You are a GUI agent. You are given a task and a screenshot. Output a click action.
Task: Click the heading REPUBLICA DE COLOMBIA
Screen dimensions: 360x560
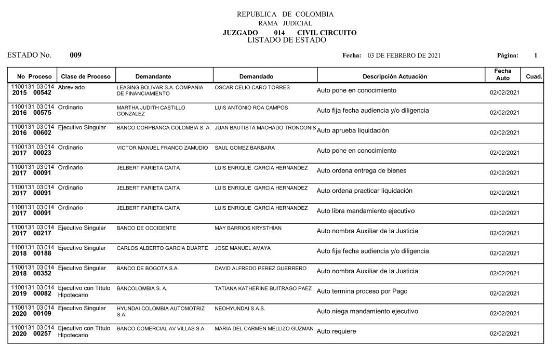[285, 14]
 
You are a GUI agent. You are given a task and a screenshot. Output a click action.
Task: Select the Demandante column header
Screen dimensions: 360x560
[153, 76]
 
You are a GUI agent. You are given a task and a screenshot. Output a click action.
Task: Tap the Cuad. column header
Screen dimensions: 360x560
[534, 76]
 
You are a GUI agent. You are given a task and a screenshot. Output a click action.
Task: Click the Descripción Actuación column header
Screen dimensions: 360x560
[395, 76]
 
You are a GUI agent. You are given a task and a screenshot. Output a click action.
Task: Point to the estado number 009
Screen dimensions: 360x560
[75, 55]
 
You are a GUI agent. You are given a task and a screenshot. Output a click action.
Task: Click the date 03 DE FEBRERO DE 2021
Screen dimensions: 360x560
[404, 56]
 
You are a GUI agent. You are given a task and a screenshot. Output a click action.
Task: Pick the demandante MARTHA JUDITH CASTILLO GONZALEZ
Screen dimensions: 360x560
[151, 111]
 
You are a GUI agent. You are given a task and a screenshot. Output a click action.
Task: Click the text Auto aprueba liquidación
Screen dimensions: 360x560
[352, 130]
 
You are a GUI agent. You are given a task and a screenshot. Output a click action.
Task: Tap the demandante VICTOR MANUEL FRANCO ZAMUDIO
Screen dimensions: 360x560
[162, 148]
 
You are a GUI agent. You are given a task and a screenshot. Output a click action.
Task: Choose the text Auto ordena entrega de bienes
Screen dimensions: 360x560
[362, 171]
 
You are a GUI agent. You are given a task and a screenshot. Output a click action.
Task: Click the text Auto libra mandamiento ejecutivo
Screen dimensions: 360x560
[365, 211]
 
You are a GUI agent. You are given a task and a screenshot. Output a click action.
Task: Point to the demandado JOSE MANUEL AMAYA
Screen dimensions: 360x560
[243, 248]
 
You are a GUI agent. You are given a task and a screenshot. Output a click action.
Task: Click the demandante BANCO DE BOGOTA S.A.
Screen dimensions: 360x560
[148, 269]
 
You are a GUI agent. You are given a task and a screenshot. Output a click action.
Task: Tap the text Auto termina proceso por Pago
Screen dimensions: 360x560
[362, 291]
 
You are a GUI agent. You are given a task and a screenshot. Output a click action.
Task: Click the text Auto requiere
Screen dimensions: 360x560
[336, 331]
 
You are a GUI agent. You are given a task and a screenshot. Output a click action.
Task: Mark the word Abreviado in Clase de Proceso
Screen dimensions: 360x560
[71, 87]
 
